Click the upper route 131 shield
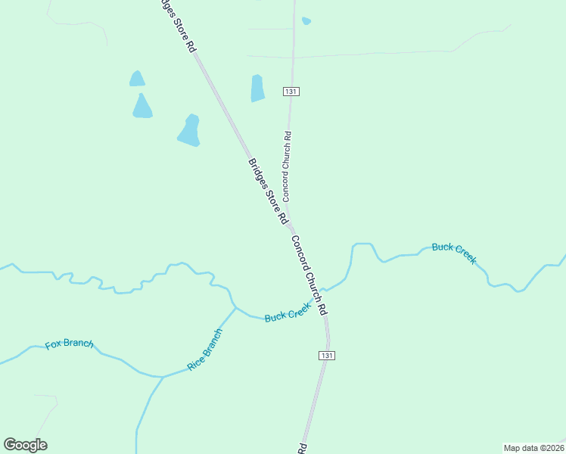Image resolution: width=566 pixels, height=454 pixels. tap(292, 91)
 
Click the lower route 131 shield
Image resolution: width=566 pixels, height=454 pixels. tap(326, 355)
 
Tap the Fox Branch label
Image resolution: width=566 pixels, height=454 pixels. tap(69, 344)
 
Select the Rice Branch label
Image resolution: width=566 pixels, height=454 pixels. tap(205, 349)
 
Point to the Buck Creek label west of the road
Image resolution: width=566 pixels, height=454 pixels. tap(288, 312)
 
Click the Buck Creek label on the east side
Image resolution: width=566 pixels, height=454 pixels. tap(454, 253)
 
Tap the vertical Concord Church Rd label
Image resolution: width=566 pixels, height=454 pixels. tap(287, 166)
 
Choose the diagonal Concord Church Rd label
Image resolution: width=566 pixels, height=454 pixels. tap(309, 275)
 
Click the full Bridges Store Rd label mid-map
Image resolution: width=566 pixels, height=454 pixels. tap(268, 190)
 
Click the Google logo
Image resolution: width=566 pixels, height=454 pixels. tap(26, 445)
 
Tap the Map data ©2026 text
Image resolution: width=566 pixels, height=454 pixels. tap(533, 447)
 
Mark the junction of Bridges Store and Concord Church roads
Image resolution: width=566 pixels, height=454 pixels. tap(291, 226)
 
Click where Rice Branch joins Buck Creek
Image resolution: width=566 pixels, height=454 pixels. tap(235, 307)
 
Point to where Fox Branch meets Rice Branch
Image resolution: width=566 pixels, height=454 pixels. tap(162, 376)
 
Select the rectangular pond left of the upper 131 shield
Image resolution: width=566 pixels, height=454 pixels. tap(257, 88)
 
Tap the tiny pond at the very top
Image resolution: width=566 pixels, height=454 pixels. tap(306, 21)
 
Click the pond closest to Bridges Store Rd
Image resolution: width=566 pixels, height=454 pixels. tap(189, 130)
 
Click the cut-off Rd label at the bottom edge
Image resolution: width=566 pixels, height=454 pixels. tap(302, 447)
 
